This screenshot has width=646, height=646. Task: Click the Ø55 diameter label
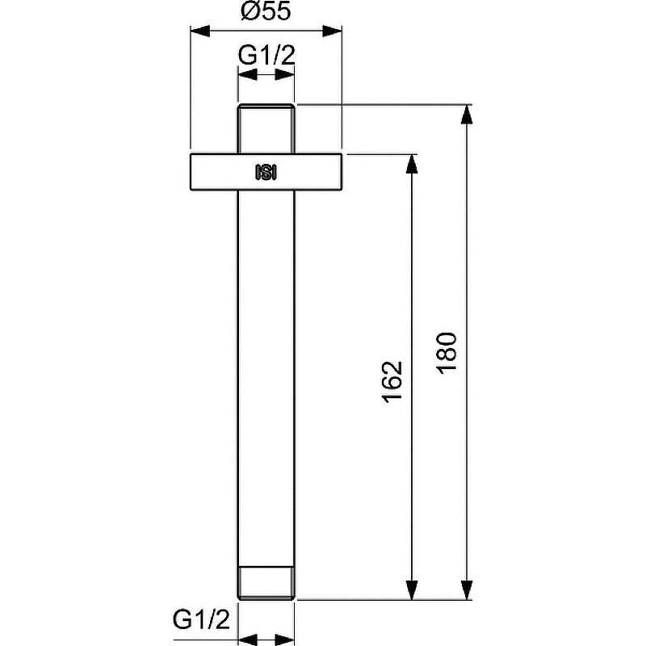[x=266, y=11]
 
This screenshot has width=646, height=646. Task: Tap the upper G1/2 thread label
[x=266, y=55]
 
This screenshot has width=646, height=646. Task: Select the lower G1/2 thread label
[x=201, y=619]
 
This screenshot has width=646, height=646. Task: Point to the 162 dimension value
[x=392, y=381]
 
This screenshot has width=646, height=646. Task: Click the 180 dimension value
[x=447, y=353]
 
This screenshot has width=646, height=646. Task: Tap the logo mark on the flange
[x=266, y=172]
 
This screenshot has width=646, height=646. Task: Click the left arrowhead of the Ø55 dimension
[x=200, y=31]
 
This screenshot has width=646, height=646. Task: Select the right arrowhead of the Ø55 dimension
[x=332, y=31]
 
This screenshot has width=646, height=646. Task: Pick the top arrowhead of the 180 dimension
[x=467, y=114]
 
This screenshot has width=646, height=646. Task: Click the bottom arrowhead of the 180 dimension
[x=467, y=590]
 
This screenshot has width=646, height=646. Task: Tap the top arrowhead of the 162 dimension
[x=412, y=164]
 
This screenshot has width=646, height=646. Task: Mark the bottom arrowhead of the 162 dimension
[x=412, y=590]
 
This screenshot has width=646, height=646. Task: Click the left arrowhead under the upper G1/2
[x=248, y=74]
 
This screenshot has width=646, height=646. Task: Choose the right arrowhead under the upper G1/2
[x=285, y=74]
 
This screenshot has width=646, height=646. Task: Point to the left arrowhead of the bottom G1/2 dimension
[x=248, y=640]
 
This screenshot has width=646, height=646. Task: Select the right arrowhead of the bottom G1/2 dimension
[x=285, y=640]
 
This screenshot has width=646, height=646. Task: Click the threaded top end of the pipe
[x=266, y=129]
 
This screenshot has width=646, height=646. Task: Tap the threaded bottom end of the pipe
[x=266, y=583]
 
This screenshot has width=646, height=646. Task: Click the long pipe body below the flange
[x=266, y=378]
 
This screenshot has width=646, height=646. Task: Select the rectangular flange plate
[x=266, y=172]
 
